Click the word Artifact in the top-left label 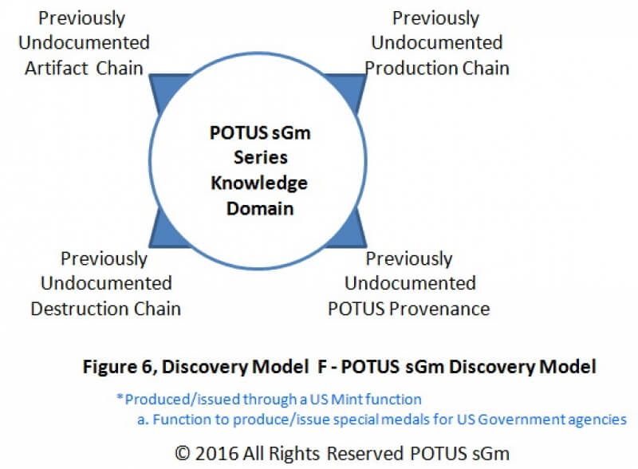pos(57,69)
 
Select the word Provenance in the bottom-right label pos(439,309)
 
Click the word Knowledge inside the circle pos(259,183)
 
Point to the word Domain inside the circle pos(260,208)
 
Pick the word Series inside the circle pos(261,158)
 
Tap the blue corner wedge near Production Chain pos(350,90)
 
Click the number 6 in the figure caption pos(147,367)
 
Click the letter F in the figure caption pos(322,367)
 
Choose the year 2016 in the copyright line pos(216,454)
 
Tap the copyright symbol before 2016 pos(183,454)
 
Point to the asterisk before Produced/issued pos(120,396)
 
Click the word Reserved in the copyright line pos(365,454)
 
